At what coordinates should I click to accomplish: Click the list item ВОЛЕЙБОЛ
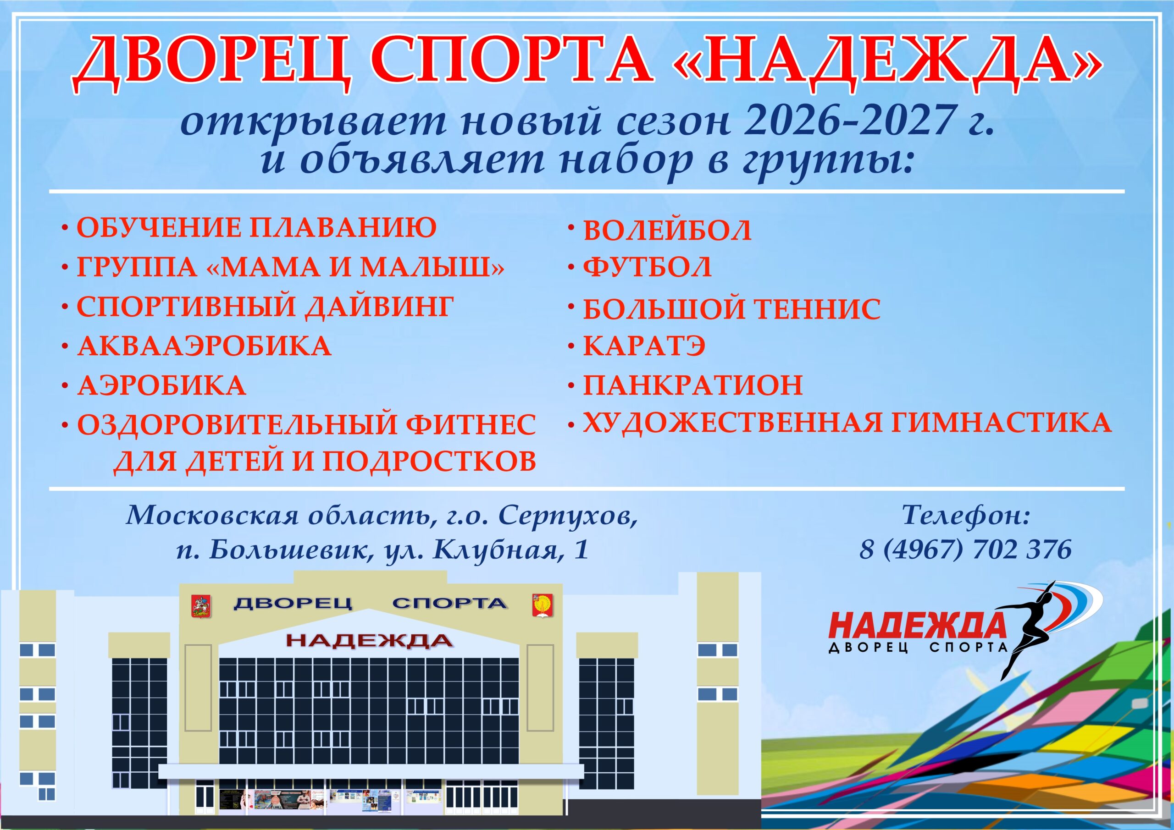(x=667, y=231)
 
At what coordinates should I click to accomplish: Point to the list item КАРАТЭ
(x=644, y=346)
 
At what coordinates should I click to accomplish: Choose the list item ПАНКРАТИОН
(x=693, y=385)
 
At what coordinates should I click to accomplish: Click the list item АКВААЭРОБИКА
(x=204, y=346)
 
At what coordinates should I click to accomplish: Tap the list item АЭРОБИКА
(x=161, y=385)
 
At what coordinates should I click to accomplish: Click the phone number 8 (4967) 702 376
(x=965, y=550)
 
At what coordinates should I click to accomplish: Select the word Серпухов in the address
(x=568, y=517)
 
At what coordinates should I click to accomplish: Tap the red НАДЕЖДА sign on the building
(x=369, y=640)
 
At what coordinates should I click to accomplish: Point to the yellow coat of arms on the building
(x=543, y=605)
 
